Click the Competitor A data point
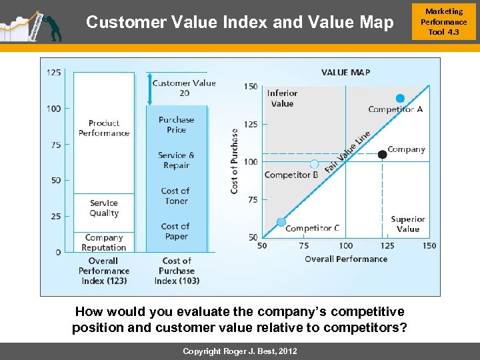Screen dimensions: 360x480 (x=400, y=99)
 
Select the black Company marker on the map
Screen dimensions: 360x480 (x=382, y=155)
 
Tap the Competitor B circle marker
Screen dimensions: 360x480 (x=314, y=164)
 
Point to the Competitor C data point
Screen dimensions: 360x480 (x=281, y=222)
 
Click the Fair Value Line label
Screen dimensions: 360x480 (x=347, y=151)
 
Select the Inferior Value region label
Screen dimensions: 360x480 (x=282, y=98)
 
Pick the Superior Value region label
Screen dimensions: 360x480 (x=407, y=224)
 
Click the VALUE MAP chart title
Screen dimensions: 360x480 (x=346, y=72)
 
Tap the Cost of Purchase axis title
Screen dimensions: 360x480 (x=234, y=161)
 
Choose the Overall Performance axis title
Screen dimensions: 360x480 (x=345, y=259)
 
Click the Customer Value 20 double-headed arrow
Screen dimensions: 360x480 (x=150, y=88)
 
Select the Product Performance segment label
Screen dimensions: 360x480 (x=104, y=128)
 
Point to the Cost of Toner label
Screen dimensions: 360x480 (x=176, y=195)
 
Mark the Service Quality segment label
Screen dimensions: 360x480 (x=104, y=208)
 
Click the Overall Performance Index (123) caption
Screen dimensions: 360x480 (x=104, y=271)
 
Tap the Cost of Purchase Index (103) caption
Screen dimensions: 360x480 (x=177, y=271)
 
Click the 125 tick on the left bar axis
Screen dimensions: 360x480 (x=55, y=73)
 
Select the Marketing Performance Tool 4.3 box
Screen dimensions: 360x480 (x=445, y=21)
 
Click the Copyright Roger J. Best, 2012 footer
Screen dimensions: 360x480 (x=240, y=351)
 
